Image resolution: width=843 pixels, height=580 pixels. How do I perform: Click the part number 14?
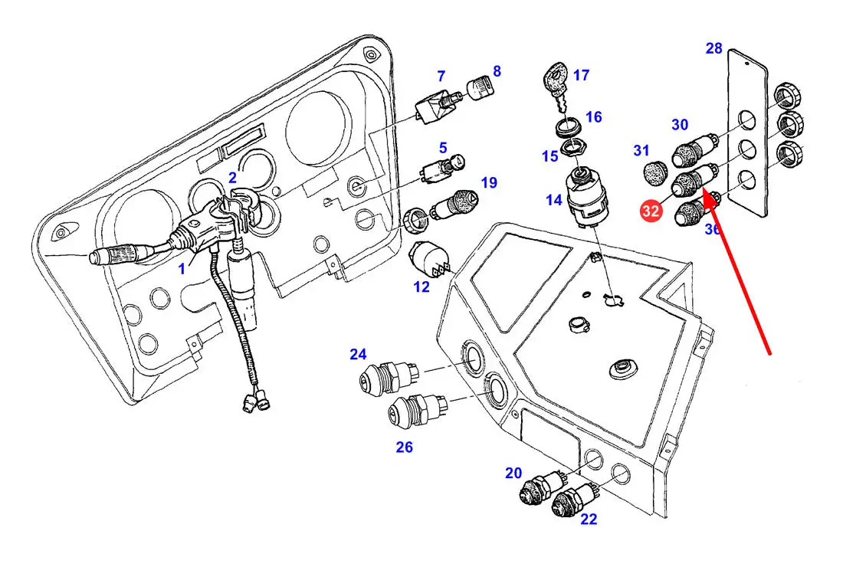(x=554, y=201)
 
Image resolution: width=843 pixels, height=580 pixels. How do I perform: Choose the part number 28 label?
(x=713, y=49)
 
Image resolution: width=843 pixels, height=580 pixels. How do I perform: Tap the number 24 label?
(x=359, y=354)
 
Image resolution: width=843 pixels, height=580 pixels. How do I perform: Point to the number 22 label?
(x=589, y=519)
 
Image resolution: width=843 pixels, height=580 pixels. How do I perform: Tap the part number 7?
(x=441, y=76)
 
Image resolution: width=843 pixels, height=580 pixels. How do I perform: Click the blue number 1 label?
(x=182, y=269)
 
